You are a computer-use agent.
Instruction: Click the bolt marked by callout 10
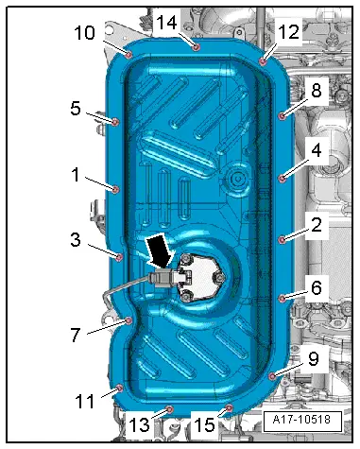(x=129, y=55)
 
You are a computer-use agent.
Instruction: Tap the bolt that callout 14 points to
(x=196, y=47)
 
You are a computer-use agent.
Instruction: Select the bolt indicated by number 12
(x=263, y=61)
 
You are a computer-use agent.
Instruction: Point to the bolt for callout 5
(x=115, y=122)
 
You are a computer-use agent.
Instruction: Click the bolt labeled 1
(x=116, y=189)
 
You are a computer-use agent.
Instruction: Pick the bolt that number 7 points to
(x=129, y=320)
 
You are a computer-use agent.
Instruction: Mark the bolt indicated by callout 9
(x=272, y=375)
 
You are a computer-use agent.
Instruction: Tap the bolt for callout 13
(x=169, y=409)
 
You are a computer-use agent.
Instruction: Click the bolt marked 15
(x=230, y=408)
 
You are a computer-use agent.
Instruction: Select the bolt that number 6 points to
(x=282, y=298)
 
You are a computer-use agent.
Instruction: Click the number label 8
(x=316, y=90)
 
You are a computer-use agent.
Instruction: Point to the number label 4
(x=316, y=150)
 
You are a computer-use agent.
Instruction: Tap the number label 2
(x=316, y=225)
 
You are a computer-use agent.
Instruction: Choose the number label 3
(x=76, y=240)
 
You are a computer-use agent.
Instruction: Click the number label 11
(x=85, y=401)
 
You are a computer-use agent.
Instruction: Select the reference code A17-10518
(x=301, y=420)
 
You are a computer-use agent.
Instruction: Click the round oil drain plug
(x=236, y=180)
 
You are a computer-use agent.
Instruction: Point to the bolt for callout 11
(x=119, y=389)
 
